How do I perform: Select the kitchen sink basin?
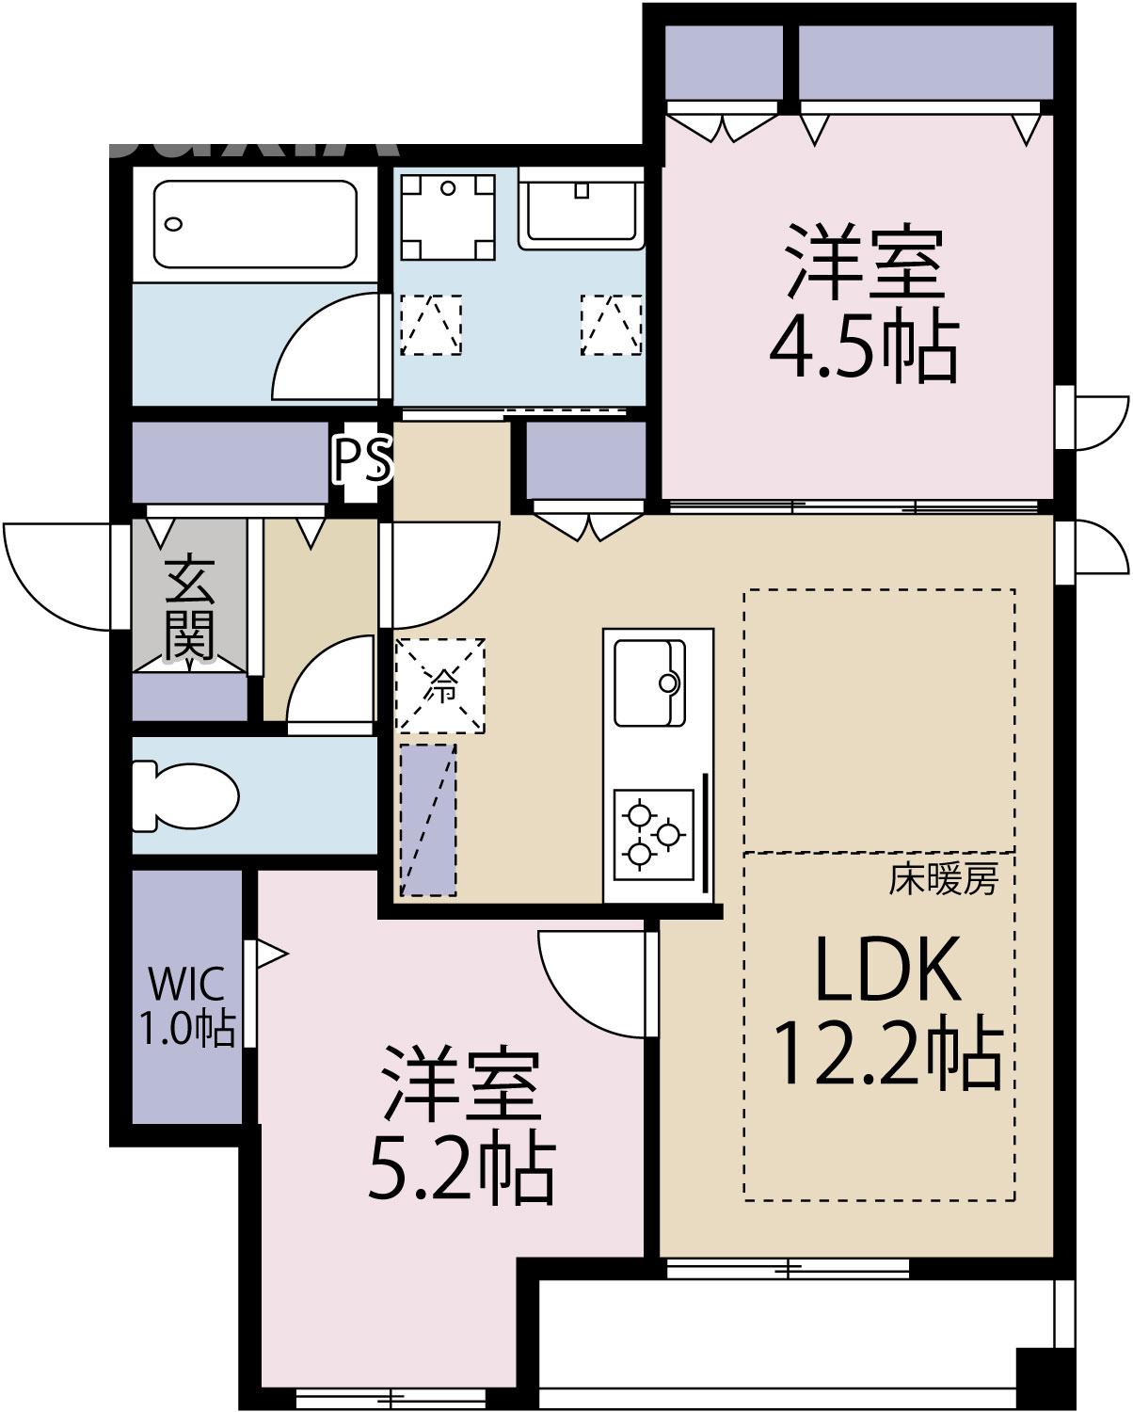649,682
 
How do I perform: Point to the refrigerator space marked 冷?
440,685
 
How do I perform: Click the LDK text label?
886,970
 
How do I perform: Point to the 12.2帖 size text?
886,1056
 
